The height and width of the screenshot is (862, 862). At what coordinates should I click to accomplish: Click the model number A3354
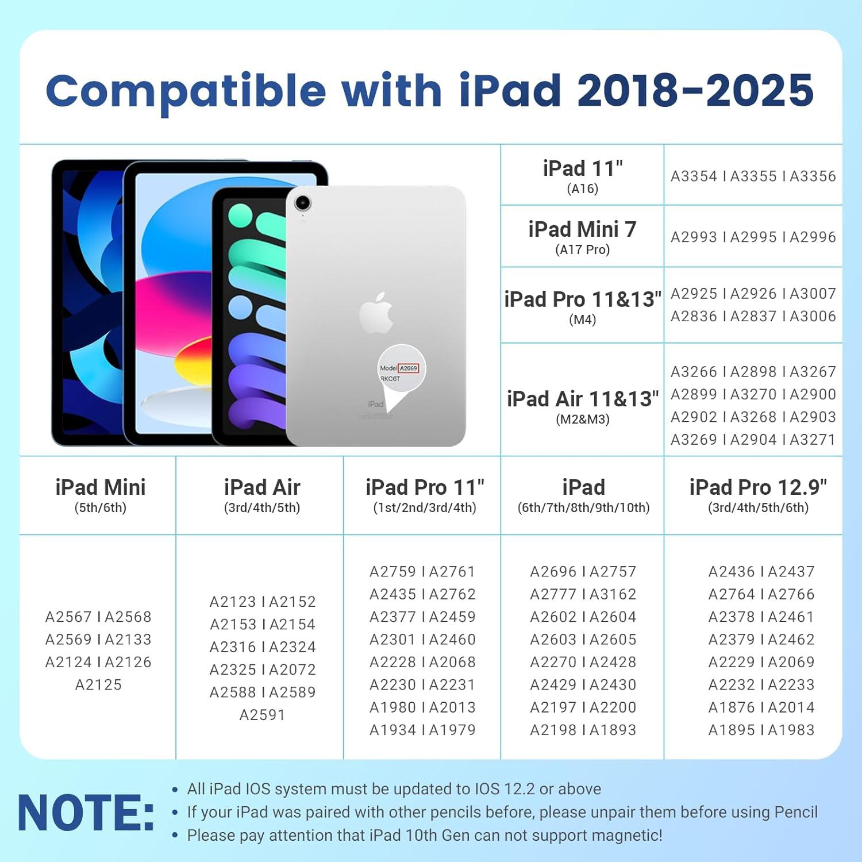[x=694, y=176]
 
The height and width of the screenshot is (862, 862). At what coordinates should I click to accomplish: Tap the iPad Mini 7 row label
[x=582, y=230]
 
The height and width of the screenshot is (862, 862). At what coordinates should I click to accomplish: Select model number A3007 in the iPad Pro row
[x=813, y=294]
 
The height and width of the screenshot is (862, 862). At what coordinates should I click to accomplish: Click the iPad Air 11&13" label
[x=582, y=399]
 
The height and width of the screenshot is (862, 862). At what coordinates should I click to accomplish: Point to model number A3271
[x=813, y=440]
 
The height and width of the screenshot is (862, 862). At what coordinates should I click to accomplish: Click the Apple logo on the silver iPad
[x=376, y=313]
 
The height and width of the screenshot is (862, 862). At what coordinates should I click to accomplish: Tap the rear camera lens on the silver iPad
[x=302, y=202]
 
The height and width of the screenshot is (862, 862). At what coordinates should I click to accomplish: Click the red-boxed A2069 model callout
[x=408, y=368]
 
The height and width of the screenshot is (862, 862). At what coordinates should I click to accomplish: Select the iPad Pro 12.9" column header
[x=757, y=488]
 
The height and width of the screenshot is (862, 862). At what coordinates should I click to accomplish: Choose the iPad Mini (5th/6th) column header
[x=101, y=488]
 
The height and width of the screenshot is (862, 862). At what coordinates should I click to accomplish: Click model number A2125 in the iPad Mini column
[x=98, y=685]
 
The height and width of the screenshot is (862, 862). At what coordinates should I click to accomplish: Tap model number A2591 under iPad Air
[x=262, y=715]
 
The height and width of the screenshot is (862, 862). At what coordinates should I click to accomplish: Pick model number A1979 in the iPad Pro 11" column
[x=452, y=730]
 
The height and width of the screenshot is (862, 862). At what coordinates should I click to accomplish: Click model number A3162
[x=613, y=594]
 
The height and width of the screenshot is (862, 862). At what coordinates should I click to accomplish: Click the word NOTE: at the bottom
[x=86, y=813]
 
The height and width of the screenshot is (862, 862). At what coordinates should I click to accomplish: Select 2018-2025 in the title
[x=695, y=91]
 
